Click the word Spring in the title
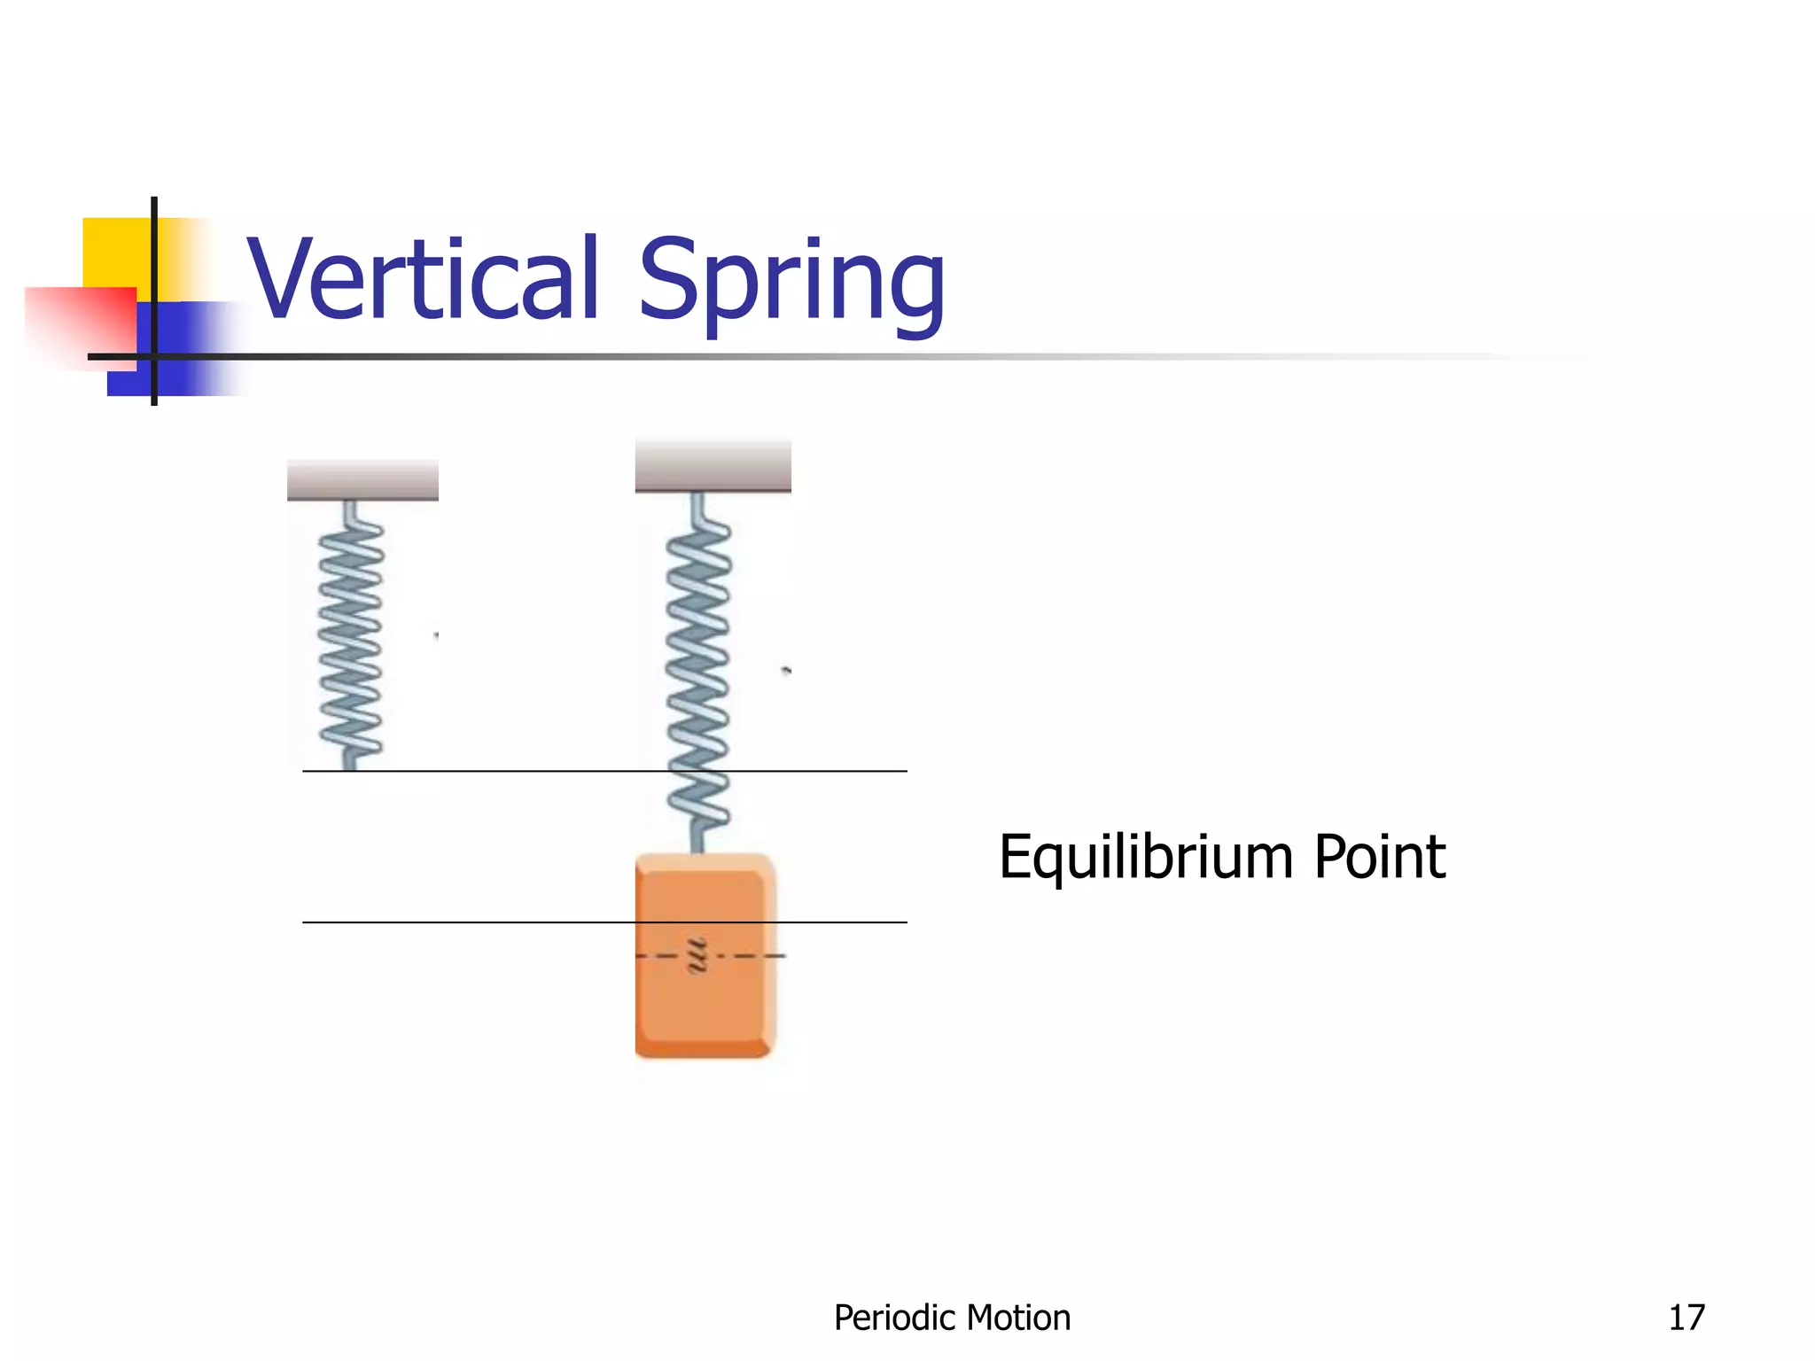tap(791, 282)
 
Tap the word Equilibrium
tap(1147, 858)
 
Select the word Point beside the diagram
tap(1379, 857)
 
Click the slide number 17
tap(1686, 1318)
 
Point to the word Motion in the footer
tap(1022, 1318)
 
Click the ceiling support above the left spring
tap(362, 480)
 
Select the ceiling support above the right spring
tap(713, 466)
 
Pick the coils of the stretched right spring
tap(699, 673)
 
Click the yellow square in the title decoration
tap(115, 252)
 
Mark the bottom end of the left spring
tap(349, 762)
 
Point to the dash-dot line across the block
tap(753, 956)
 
